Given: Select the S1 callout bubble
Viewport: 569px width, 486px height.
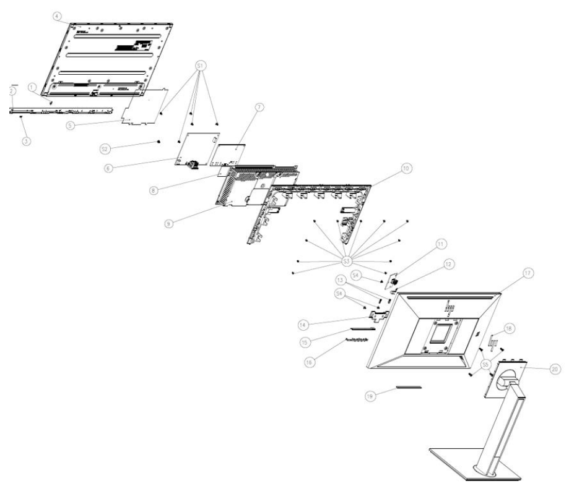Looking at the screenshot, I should pos(200,66).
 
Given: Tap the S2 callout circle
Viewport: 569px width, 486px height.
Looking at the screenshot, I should pos(105,149).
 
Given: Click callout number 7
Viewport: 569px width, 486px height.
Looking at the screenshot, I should pos(259,107).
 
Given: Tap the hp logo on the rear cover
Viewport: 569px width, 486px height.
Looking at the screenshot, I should pos(444,305).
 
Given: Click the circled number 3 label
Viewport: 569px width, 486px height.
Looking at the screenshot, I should pos(26,123).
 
